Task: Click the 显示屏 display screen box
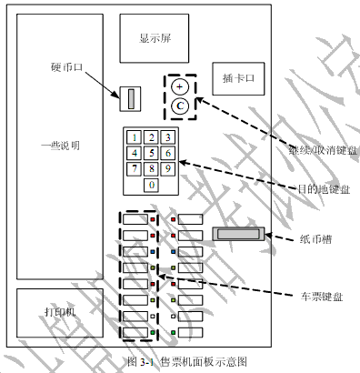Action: click(154, 38)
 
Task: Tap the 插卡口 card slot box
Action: click(237, 78)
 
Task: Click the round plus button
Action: click(180, 86)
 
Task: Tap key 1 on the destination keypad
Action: click(135, 137)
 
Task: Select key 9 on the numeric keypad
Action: click(166, 168)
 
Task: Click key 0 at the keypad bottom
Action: click(151, 185)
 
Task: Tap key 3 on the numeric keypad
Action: click(166, 137)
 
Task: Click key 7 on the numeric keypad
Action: click(135, 168)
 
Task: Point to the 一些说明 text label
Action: click(61, 145)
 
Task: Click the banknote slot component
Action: click(237, 234)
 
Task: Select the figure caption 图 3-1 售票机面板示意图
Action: click(185, 362)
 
